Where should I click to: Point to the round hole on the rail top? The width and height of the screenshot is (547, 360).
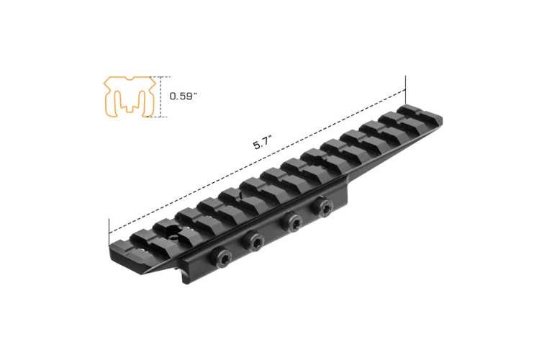[173, 232]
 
